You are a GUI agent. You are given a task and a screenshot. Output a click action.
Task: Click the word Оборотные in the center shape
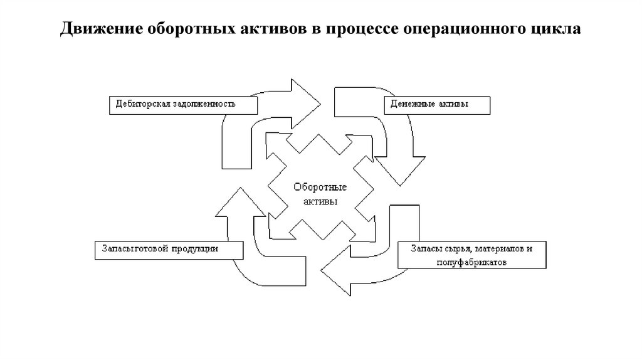click(x=320, y=188)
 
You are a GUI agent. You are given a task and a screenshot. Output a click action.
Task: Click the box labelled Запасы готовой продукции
click(x=168, y=249)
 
